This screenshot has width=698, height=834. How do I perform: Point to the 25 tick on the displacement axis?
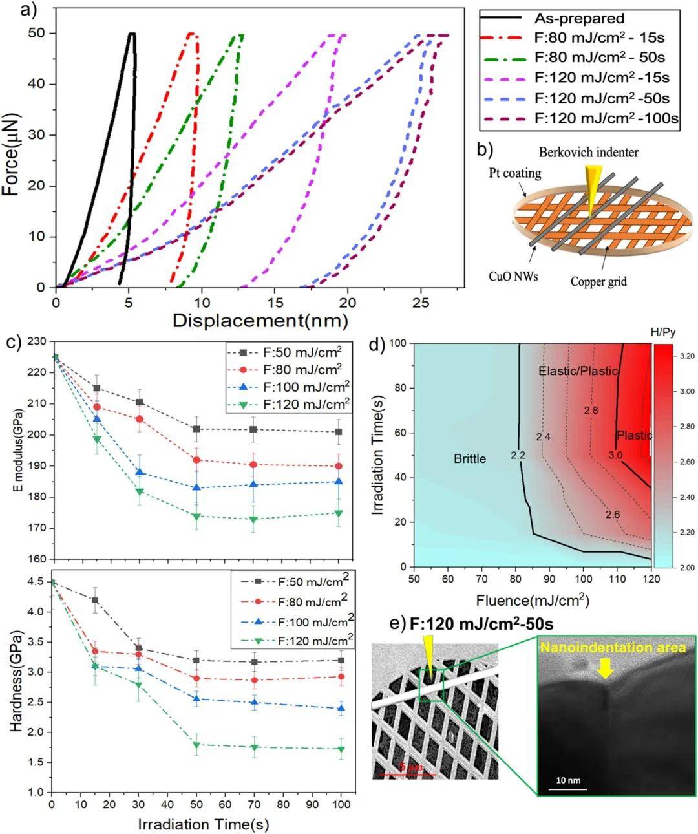[x=421, y=302]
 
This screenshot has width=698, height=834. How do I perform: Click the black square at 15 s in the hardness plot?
[x=95, y=600]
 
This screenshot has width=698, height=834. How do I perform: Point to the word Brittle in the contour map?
[x=470, y=458]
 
